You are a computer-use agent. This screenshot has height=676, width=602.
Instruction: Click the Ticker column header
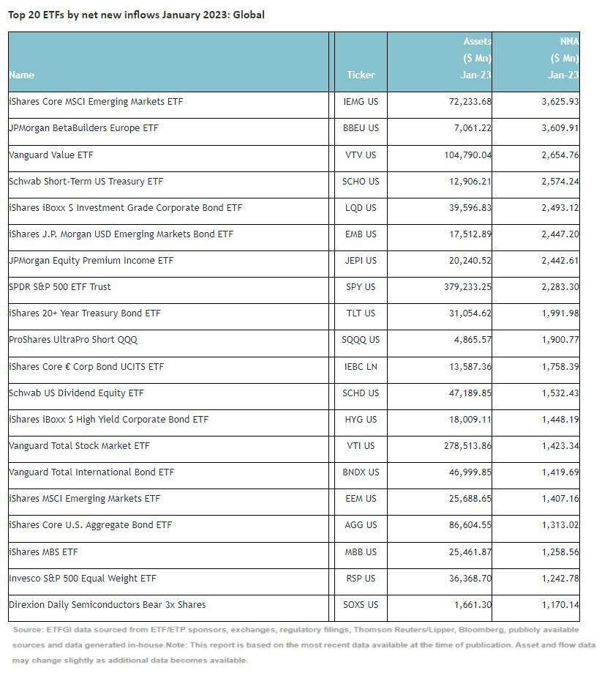pyautogui.click(x=361, y=75)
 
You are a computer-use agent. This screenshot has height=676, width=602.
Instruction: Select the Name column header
pyautogui.click(x=22, y=75)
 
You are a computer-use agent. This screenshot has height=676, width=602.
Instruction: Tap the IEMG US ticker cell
pyautogui.click(x=361, y=102)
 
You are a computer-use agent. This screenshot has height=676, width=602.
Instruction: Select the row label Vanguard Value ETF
pyautogui.click(x=51, y=155)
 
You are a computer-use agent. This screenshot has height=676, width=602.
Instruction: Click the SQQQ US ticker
pyautogui.click(x=361, y=340)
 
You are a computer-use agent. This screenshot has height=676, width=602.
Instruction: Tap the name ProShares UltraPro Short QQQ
pyautogui.click(x=73, y=340)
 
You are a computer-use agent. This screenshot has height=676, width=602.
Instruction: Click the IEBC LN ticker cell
pyautogui.click(x=361, y=366)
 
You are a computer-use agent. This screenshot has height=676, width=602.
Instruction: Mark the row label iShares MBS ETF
pyautogui.click(x=41, y=551)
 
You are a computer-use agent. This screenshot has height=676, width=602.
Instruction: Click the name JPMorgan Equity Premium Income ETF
pyautogui.click(x=90, y=261)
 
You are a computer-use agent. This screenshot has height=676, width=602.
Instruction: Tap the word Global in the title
pyautogui.click(x=249, y=15)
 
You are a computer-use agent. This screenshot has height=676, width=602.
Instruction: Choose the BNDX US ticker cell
pyautogui.click(x=361, y=472)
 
